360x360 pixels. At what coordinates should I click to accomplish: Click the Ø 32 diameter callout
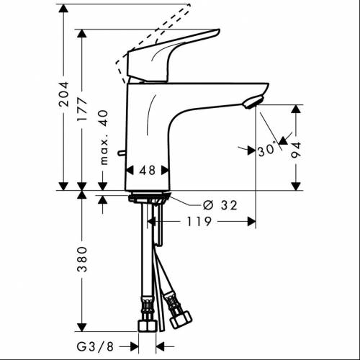coord(220,205)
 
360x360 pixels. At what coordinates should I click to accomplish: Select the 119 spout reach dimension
coord(198,222)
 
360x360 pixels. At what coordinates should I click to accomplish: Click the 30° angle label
coord(266,150)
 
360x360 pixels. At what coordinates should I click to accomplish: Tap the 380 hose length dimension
coord(84,263)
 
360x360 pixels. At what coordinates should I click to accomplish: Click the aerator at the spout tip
coord(251,103)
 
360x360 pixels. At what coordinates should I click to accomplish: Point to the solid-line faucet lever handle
coord(173,54)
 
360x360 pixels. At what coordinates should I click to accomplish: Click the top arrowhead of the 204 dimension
coord(64,9)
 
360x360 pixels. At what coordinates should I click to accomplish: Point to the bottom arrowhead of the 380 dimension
coord(84,327)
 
